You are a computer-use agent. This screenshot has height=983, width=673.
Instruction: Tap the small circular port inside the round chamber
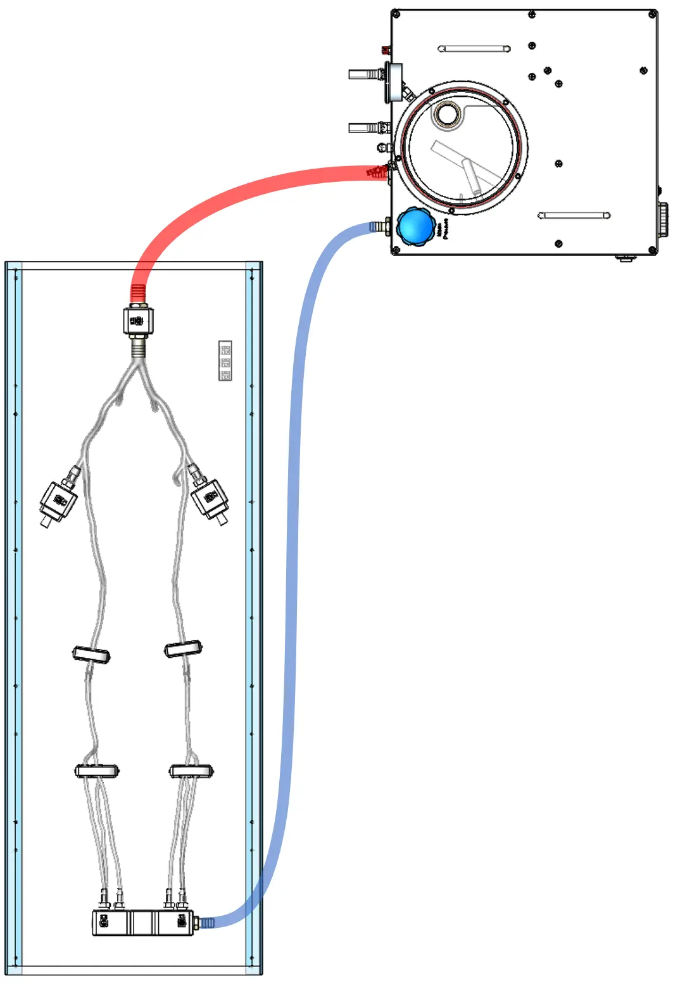tap(448, 114)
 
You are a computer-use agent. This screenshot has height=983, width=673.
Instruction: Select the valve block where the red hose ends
tap(137, 320)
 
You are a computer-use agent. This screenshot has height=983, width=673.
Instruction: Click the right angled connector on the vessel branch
tap(209, 498)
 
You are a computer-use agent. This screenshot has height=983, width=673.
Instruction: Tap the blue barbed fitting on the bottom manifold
tap(206, 923)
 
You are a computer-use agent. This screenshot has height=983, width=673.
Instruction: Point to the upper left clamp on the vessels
tap(91, 654)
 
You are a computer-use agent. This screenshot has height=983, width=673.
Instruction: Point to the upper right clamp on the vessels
tap(183, 649)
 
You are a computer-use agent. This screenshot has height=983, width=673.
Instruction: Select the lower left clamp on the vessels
tap(97, 771)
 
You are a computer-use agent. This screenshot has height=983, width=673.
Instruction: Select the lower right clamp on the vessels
tap(191, 771)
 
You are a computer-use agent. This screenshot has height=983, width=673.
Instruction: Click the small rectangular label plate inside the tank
tap(225, 361)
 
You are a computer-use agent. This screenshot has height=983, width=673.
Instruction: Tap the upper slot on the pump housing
tap(474, 49)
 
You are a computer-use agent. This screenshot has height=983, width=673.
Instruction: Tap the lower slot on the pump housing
tap(574, 215)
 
